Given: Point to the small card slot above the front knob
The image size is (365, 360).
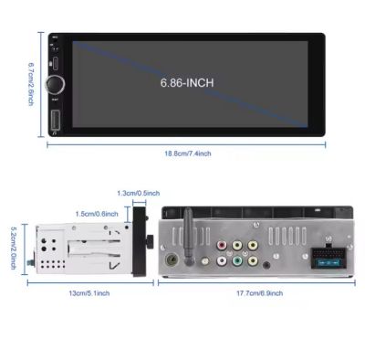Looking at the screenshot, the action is click(56, 64).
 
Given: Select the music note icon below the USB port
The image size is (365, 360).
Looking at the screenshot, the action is click(56, 132).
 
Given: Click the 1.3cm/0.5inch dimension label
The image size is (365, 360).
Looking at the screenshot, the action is click(139, 193).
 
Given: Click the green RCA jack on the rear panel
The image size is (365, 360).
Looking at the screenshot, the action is click(237, 261).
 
